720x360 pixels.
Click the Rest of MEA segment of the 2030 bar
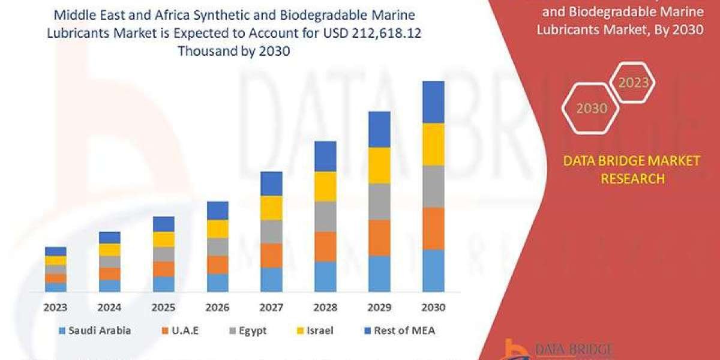pyautogui.click(x=433, y=102)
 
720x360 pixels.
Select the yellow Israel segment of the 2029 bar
pyautogui.click(x=379, y=166)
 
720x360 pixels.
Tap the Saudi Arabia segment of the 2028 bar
pyautogui.click(x=325, y=277)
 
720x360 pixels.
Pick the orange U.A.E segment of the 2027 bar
pyautogui.click(x=271, y=256)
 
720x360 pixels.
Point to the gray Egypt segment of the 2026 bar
pyautogui.click(x=217, y=247)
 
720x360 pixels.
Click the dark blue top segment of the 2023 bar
pyautogui.click(x=56, y=251)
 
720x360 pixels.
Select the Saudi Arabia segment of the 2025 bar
pyautogui.click(x=163, y=284)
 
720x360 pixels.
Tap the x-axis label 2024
pyautogui.click(x=110, y=308)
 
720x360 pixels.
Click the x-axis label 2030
pyautogui.click(x=433, y=308)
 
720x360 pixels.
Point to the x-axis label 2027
pyautogui.click(x=271, y=308)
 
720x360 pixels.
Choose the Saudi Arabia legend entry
pyautogui.click(x=95, y=330)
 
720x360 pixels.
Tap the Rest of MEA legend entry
pyautogui.click(x=398, y=330)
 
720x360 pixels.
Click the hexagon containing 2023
pyautogui.click(x=632, y=83)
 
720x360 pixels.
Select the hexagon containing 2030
pyautogui.click(x=591, y=109)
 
